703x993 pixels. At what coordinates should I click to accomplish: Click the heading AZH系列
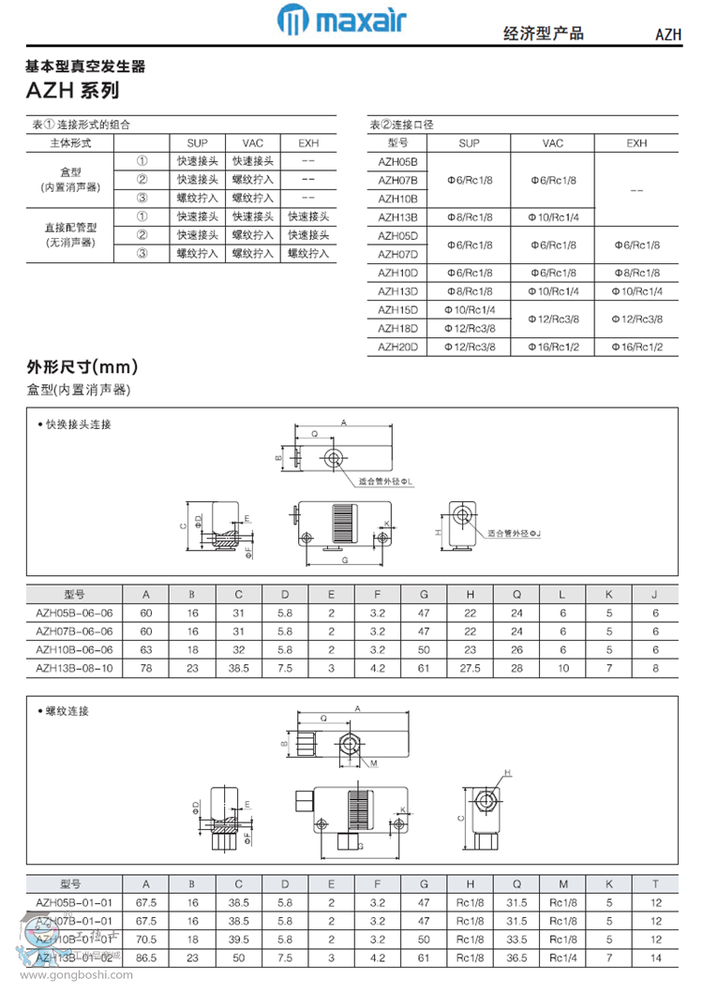tap(73, 91)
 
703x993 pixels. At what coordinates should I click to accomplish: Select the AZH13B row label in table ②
tap(396, 217)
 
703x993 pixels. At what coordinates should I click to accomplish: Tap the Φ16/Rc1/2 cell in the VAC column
tap(553, 347)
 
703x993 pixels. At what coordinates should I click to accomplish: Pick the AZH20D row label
tap(396, 347)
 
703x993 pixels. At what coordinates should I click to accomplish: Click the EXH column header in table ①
tap(308, 143)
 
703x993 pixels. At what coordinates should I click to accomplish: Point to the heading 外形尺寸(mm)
tap(82, 366)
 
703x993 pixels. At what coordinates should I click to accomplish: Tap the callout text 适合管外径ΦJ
tap(515, 532)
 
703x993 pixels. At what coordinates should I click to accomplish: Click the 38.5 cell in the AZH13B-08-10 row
tap(238, 668)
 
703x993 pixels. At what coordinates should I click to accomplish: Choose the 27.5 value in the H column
tap(471, 668)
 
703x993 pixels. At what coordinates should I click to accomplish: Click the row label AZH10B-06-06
tap(74, 649)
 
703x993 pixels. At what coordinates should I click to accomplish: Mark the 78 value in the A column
tap(146, 668)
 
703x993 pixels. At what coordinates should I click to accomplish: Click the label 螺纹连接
tap(67, 711)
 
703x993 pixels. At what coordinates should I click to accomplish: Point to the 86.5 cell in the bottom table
tap(146, 958)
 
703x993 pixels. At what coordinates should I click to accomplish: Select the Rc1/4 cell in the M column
tap(563, 958)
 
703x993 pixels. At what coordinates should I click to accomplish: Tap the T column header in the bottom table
tap(655, 883)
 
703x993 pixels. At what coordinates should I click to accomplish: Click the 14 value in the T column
tap(655, 958)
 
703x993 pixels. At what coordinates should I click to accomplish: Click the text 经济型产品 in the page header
tap(544, 34)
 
